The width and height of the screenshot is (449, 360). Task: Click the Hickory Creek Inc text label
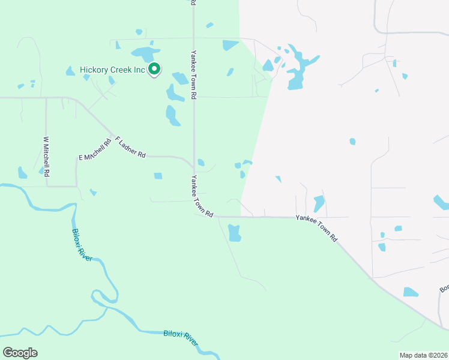(x=113, y=70)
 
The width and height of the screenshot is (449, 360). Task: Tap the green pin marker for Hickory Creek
(x=154, y=70)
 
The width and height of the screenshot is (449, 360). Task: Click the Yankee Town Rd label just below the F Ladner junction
(x=202, y=196)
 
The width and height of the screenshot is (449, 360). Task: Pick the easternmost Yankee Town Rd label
(x=316, y=228)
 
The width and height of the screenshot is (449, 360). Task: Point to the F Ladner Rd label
(x=130, y=146)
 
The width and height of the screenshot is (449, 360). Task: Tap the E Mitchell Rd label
(x=95, y=149)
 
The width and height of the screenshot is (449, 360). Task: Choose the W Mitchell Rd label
(x=46, y=156)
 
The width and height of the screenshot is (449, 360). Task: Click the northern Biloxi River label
(x=82, y=244)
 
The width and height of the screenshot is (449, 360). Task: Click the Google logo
(x=20, y=353)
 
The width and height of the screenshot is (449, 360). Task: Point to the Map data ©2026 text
(x=423, y=355)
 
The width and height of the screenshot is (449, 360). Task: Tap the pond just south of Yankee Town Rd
(x=234, y=233)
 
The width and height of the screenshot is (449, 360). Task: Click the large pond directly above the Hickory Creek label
(x=142, y=53)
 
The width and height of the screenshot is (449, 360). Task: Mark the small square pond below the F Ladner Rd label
(x=158, y=176)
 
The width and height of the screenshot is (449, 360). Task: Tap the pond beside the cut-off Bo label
(x=411, y=292)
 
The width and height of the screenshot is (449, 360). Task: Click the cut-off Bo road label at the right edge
(x=444, y=289)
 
